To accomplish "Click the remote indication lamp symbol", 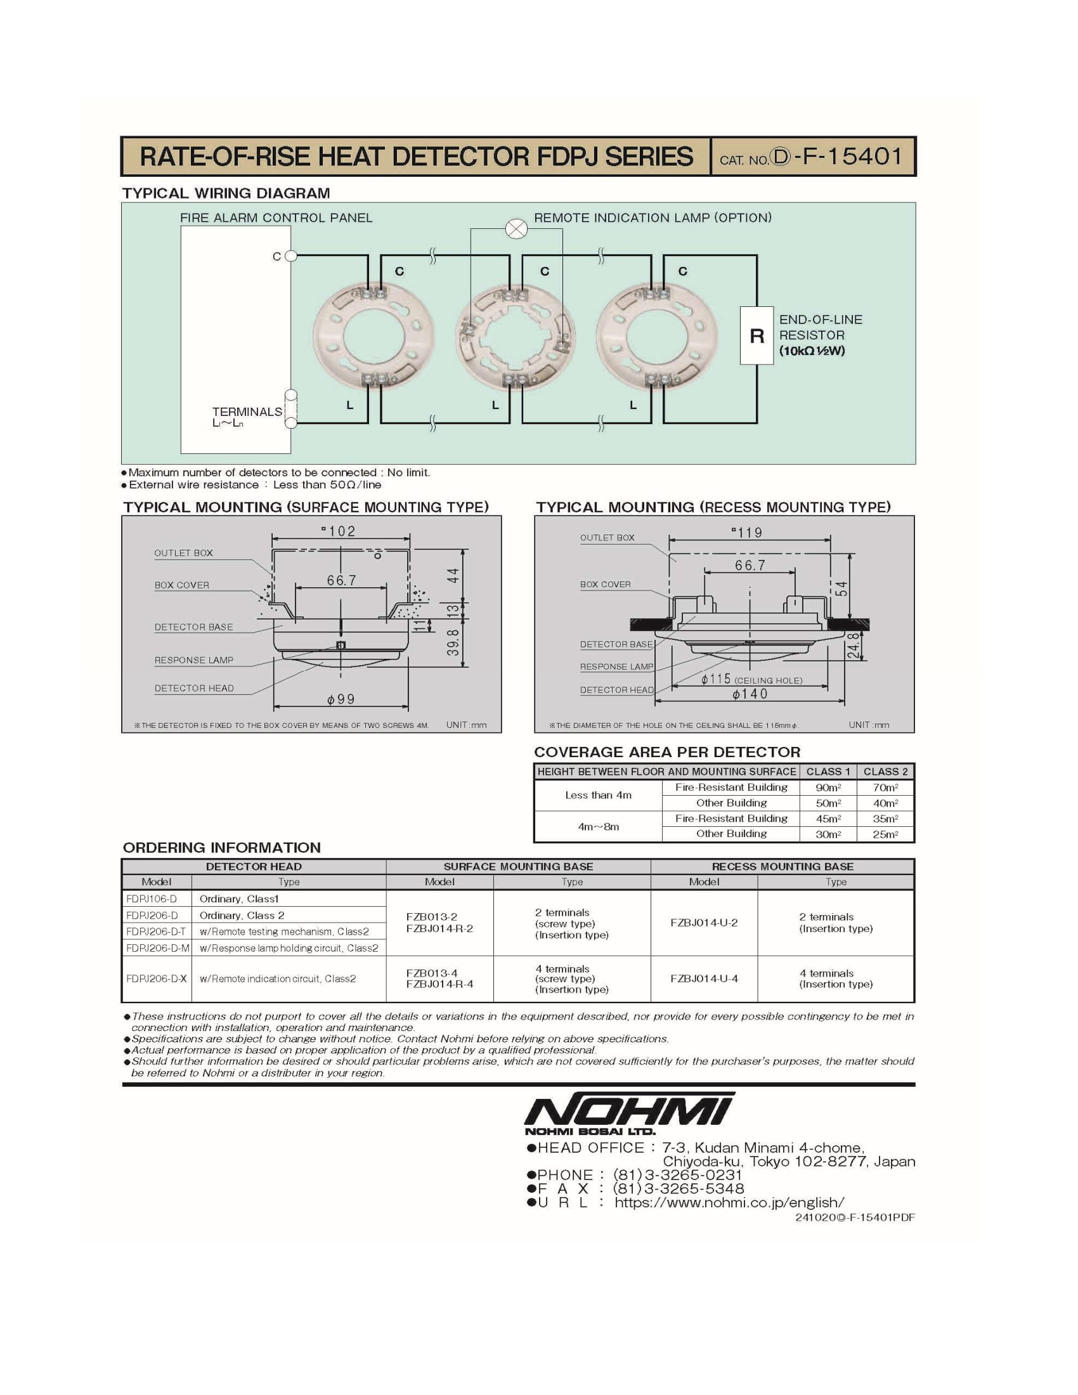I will tap(516, 229).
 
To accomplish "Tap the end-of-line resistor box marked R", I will tap(757, 336).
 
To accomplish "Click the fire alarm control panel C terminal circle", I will tap(290, 256).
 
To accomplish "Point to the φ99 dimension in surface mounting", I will tap(341, 699).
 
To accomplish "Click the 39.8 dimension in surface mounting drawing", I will tap(453, 642).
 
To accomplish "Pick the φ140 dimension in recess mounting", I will tap(750, 694).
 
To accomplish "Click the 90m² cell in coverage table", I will tap(828, 788).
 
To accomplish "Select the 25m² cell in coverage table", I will tap(885, 834).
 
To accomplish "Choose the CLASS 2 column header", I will tap(885, 772).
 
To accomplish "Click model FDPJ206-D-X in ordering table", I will tap(157, 978).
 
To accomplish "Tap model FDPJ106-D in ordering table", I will tap(152, 899).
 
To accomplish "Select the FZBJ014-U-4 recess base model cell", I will tap(704, 978).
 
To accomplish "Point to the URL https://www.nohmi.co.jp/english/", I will tap(729, 1203).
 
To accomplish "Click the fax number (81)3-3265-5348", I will tap(679, 1189).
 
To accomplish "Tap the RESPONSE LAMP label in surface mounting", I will tap(193, 661).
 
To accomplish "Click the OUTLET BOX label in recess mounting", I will tap(607, 538).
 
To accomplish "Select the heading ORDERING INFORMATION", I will tap(221, 848).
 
